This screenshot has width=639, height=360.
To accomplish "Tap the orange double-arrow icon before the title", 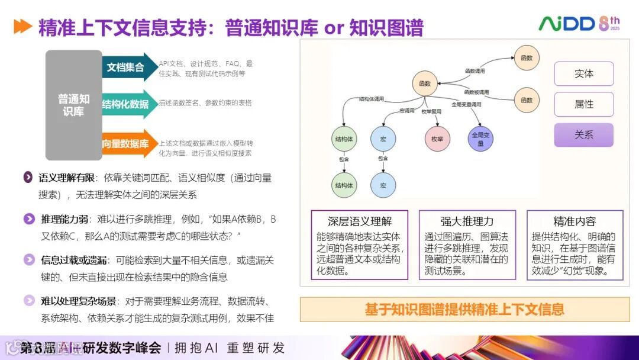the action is click(x=22, y=27).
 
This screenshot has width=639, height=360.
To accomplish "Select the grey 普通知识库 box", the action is click(x=73, y=105).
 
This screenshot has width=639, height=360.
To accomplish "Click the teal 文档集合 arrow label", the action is click(x=125, y=67).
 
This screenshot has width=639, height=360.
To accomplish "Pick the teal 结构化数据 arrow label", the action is click(x=126, y=104).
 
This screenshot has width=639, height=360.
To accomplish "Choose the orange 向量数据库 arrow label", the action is click(x=125, y=144).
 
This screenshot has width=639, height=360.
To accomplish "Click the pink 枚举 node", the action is click(x=437, y=139).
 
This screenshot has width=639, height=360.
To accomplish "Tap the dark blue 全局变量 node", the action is click(x=480, y=139).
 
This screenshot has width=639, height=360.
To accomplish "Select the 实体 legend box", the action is click(x=583, y=74).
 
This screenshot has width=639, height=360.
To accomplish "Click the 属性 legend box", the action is click(x=583, y=104).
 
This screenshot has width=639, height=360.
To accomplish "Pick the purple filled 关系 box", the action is click(x=583, y=135).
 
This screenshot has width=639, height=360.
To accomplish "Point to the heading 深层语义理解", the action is click(x=360, y=221).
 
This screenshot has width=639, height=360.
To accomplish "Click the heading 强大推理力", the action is click(x=467, y=221).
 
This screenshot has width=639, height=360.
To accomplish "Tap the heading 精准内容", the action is click(x=575, y=221).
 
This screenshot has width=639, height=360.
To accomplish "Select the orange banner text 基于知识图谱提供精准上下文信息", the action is click(x=464, y=309).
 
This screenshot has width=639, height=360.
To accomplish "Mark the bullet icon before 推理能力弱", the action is click(x=28, y=219).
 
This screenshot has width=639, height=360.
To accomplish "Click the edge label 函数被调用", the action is click(x=476, y=92).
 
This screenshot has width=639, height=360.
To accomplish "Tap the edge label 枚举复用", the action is click(x=433, y=111).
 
